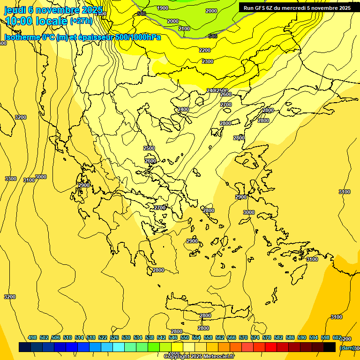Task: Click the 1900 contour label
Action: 163,8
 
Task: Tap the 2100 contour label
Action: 184,29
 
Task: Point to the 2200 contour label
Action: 205,50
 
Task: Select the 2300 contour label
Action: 208,61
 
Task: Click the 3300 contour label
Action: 10,179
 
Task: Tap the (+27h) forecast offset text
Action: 81,21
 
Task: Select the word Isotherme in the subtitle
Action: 21,37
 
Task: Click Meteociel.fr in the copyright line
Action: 216,357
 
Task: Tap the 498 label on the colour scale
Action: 32,337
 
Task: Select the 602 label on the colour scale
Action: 337,337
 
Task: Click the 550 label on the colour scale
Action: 185,337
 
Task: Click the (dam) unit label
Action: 346,347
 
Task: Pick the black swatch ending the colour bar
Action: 330,347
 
